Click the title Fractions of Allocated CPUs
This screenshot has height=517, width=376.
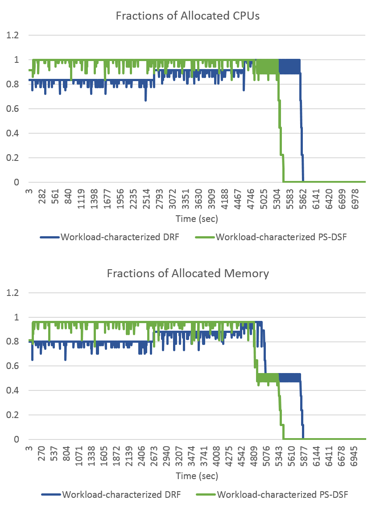coord(188,16)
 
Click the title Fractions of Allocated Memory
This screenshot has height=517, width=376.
coord(188,273)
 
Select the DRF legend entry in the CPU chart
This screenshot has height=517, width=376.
coord(110,237)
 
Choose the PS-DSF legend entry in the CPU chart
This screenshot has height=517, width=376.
coord(271,237)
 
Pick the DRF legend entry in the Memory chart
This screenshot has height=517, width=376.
coord(111,495)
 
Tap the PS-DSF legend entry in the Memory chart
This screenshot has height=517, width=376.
coord(273,495)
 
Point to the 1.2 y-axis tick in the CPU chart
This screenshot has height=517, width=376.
coord(12,35)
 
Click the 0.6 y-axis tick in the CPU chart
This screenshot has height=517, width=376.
coord(12,108)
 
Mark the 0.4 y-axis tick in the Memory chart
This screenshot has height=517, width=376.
coord(12,390)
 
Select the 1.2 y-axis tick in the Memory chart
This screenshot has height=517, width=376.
coord(12,292)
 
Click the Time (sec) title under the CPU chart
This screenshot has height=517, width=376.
coord(197,218)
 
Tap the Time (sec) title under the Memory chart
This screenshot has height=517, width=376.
coord(197,476)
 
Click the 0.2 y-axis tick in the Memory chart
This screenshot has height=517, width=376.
coord(12,415)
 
